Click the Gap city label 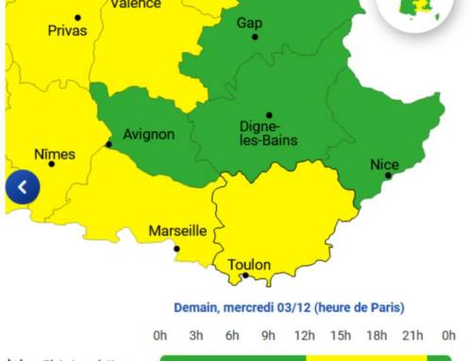(x=249, y=23)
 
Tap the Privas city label (x=66, y=30)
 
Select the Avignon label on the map (x=149, y=134)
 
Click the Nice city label (x=384, y=165)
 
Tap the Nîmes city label (x=55, y=154)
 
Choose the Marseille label (x=177, y=231)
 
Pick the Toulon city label (x=248, y=265)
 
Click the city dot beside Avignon (x=109, y=144)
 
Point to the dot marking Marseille (x=177, y=249)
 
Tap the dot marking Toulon (x=245, y=275)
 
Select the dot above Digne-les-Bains (x=269, y=115)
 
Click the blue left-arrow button (x=23, y=188)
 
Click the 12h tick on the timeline (x=305, y=335)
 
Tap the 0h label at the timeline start (x=160, y=335)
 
